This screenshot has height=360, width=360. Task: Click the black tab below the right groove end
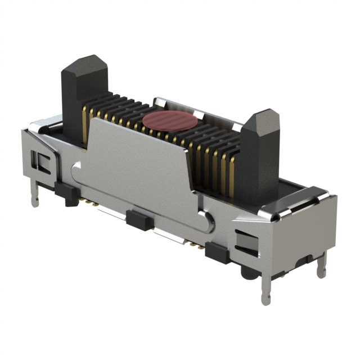(x=217, y=253)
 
